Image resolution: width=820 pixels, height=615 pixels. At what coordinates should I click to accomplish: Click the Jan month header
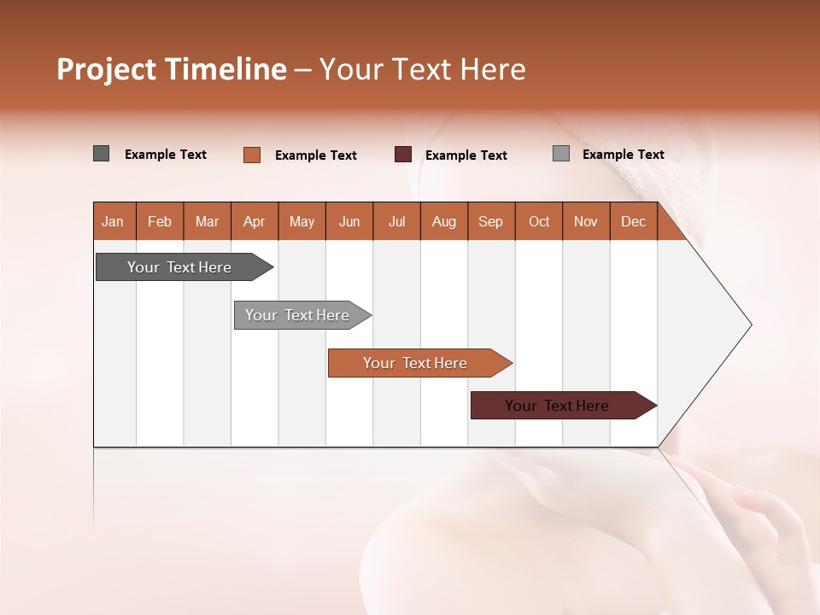(114, 221)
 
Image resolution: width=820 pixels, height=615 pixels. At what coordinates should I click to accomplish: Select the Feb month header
(160, 221)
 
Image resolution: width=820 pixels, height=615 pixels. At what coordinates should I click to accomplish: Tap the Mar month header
(207, 221)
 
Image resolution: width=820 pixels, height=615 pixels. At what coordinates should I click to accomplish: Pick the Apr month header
(255, 221)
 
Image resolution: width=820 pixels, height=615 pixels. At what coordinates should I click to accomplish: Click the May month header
(302, 221)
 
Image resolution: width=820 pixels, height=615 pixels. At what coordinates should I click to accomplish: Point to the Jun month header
(349, 221)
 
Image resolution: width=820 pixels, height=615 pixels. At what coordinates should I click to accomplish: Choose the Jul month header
(396, 221)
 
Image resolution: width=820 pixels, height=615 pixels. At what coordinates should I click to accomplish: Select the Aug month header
(444, 221)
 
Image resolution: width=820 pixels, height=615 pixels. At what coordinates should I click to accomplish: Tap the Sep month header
(491, 221)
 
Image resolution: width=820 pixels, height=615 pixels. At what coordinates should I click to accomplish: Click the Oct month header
(539, 221)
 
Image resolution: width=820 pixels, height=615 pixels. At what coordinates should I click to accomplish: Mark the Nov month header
(586, 221)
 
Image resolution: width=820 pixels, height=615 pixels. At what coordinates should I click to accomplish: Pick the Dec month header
(633, 221)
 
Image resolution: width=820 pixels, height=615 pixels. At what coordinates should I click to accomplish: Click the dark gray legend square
(102, 154)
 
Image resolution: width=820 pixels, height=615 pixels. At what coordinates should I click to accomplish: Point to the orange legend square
(252, 155)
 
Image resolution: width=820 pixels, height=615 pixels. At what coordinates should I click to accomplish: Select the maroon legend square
(403, 154)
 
